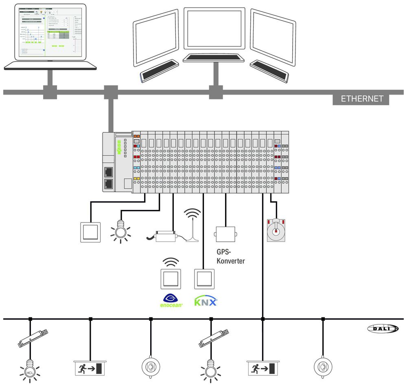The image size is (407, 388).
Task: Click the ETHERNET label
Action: click(362, 99)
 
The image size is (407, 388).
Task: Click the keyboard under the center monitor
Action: click(213, 58)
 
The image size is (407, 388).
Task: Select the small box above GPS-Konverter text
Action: click(225, 234)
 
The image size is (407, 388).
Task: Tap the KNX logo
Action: click(205, 302)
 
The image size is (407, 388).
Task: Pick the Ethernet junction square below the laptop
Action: click(50, 92)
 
